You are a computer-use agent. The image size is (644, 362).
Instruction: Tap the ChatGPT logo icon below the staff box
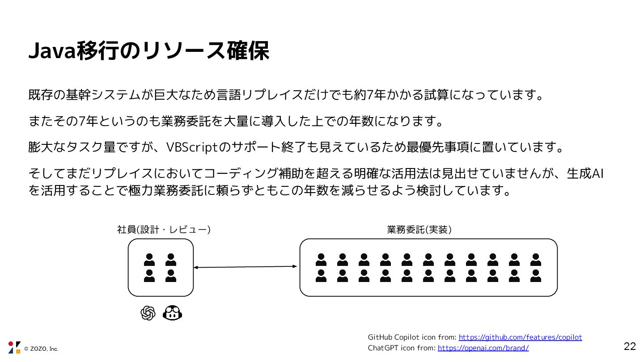[148, 313]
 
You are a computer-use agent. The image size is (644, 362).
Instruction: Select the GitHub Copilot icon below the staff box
[173, 313]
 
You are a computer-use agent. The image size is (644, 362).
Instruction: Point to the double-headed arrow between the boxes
[246, 267]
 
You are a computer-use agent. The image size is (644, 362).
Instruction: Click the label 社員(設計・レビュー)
[164, 230]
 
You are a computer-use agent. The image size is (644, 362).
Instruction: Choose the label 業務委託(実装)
[419, 230]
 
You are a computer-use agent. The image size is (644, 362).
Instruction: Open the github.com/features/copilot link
[521, 337]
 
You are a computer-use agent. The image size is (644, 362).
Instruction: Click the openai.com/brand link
[483, 348]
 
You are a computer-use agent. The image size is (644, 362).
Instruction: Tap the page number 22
[630, 346]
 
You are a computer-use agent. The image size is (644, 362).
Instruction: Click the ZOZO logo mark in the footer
[14, 347]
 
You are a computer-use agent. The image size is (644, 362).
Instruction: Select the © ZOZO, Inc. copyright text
[41, 349]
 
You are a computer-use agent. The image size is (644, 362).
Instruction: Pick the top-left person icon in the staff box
[149, 260]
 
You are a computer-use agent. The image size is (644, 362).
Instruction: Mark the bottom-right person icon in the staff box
[170, 276]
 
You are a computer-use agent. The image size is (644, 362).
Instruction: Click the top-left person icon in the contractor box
[321, 260]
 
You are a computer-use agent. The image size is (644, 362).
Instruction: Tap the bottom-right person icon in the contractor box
[535, 276]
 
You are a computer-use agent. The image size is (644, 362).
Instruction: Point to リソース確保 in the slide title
[205, 52]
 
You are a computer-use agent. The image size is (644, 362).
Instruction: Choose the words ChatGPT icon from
[401, 348]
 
